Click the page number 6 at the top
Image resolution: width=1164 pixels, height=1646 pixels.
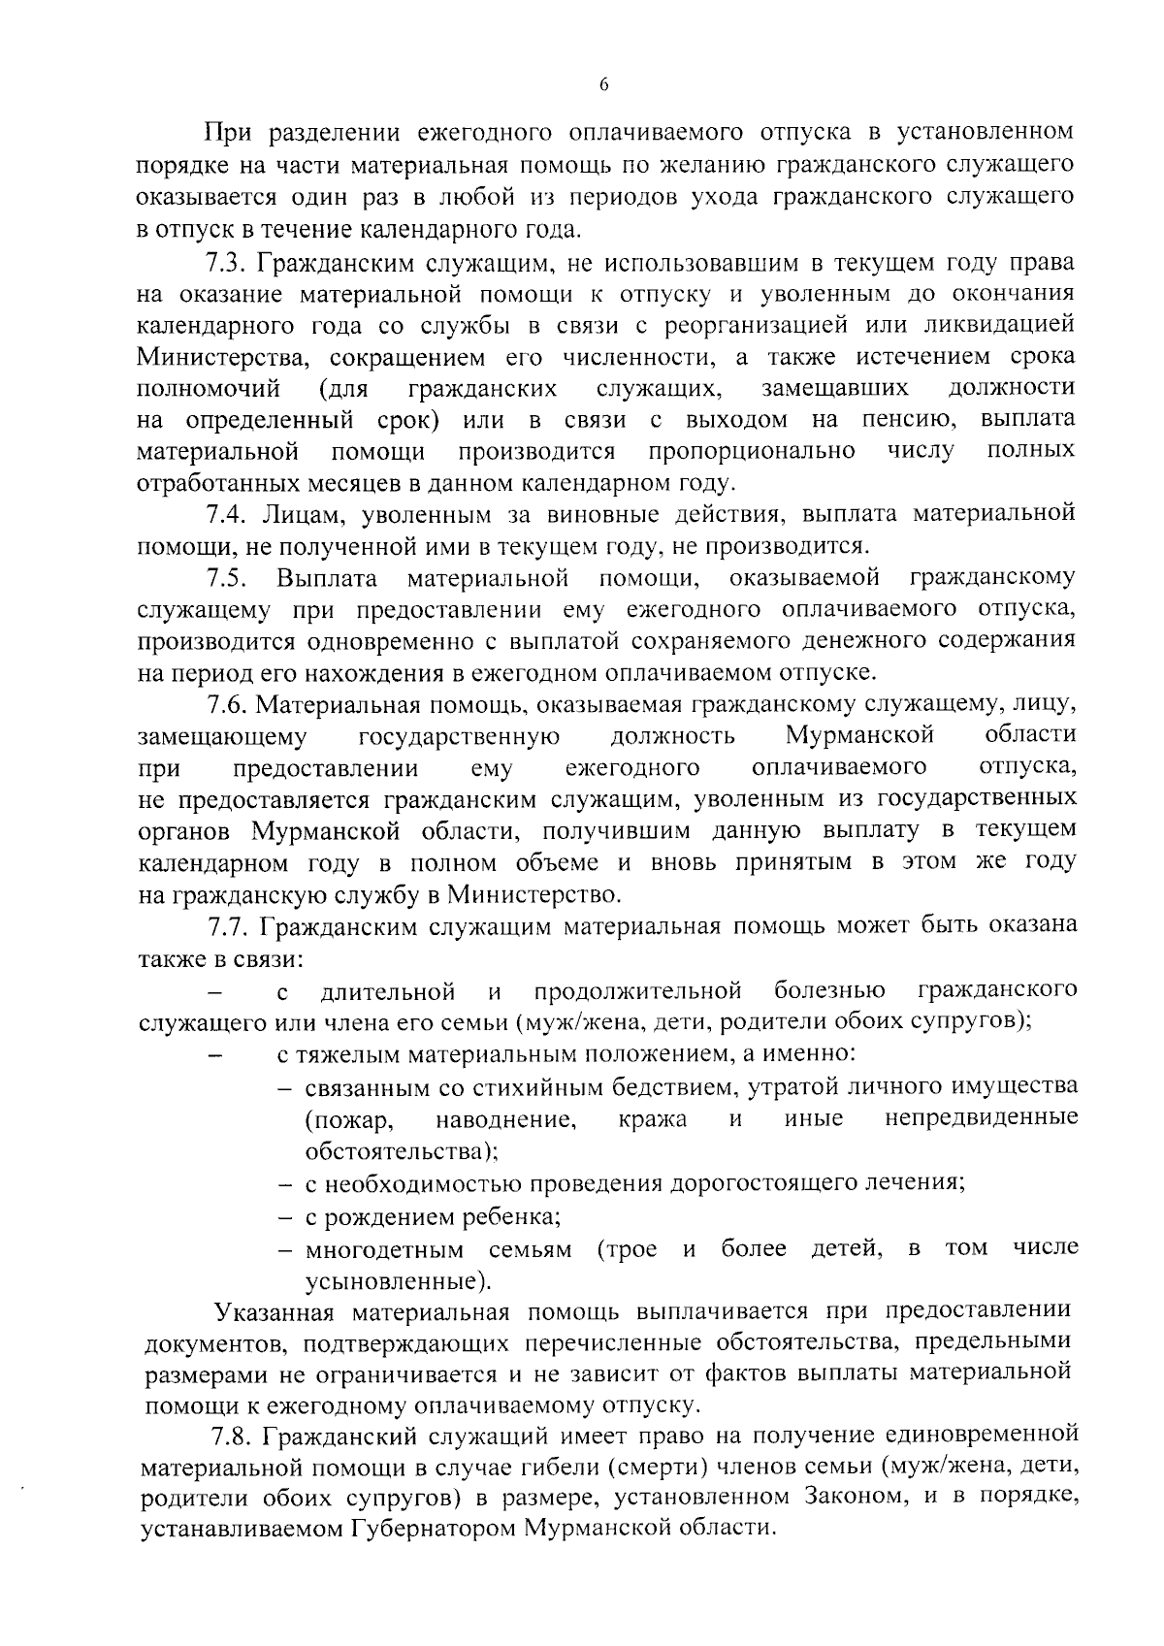click(x=603, y=86)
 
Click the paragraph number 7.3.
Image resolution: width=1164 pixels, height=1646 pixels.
click(x=229, y=263)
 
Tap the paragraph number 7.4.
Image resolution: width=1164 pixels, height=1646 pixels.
click(x=229, y=513)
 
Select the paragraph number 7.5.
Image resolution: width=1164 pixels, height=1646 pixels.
click(x=229, y=578)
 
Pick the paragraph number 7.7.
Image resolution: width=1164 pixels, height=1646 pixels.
click(x=229, y=925)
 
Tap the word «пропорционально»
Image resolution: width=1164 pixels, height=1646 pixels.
click(x=752, y=450)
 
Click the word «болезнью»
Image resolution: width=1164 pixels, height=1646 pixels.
click(x=829, y=990)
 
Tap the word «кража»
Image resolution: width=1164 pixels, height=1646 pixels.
click(x=652, y=1119)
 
